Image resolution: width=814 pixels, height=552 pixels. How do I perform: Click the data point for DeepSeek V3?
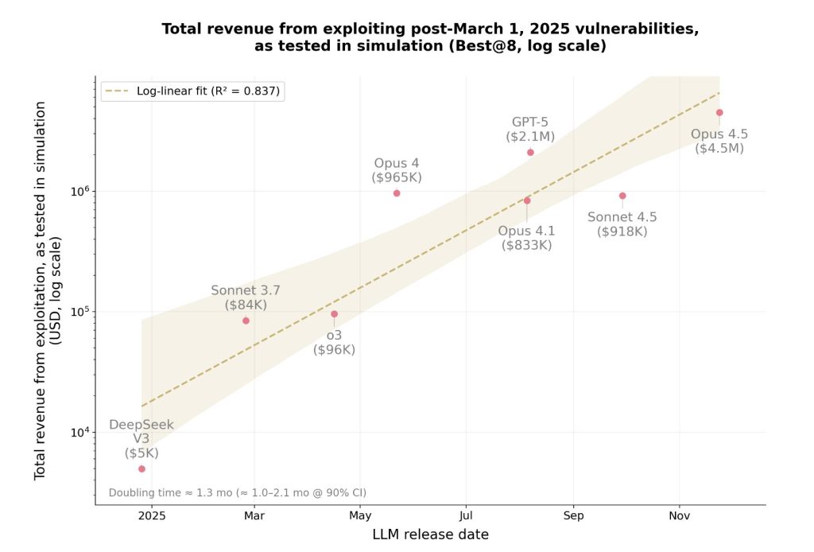tap(141, 468)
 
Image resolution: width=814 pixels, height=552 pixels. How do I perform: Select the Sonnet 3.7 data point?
tap(246, 321)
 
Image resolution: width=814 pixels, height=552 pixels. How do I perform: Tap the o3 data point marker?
tap(334, 314)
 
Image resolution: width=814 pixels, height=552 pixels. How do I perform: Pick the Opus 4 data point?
tap(397, 193)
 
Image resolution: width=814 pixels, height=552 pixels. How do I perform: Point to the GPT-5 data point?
tap(530, 152)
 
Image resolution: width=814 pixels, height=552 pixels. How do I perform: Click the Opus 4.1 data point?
tap(527, 200)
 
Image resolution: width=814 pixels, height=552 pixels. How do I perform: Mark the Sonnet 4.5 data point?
tap(622, 196)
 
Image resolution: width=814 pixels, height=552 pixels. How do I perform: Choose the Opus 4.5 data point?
tap(719, 113)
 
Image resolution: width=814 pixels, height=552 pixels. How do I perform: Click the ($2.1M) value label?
tap(530, 137)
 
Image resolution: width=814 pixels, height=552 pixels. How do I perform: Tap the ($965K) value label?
tap(397, 177)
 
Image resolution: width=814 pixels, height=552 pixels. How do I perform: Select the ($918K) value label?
tap(622, 231)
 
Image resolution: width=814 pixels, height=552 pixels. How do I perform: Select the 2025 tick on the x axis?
tap(152, 515)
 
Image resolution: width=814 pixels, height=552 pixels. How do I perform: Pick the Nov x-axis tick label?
tap(679, 515)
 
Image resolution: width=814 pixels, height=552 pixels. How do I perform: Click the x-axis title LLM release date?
tap(430, 535)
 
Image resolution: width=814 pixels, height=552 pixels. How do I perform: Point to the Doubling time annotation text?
tap(237, 492)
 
